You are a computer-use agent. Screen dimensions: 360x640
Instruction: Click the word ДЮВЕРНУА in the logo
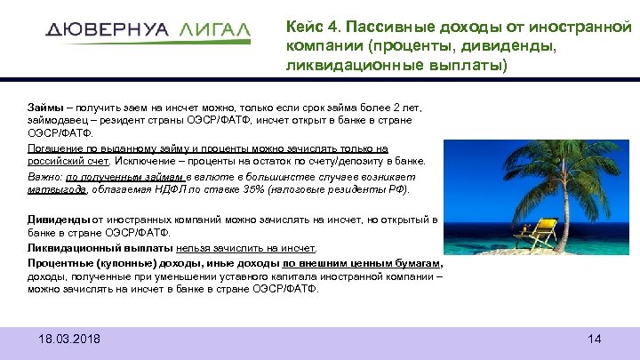106,29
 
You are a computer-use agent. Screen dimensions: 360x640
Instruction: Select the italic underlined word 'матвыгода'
57,189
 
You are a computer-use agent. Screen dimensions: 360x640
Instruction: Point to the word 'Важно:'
44,176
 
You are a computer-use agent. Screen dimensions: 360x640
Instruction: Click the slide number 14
595,340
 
